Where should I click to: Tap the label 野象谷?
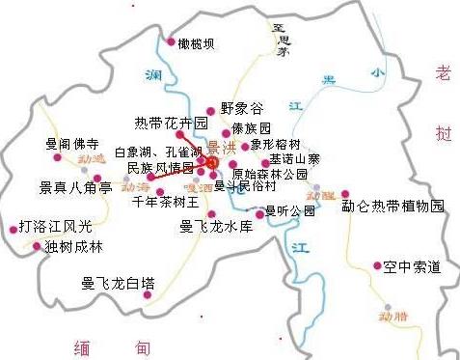click(241, 110)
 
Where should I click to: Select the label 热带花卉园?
click(171, 124)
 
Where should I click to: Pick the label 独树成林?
click(73, 245)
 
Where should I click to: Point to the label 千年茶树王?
click(165, 202)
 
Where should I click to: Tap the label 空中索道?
click(411, 265)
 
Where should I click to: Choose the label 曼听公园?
click(290, 210)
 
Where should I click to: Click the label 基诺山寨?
click(295, 158)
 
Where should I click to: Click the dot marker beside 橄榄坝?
click(169, 42)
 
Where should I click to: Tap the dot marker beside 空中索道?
click(375, 265)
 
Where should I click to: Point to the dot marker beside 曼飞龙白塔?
click(147, 294)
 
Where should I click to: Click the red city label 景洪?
click(222, 147)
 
